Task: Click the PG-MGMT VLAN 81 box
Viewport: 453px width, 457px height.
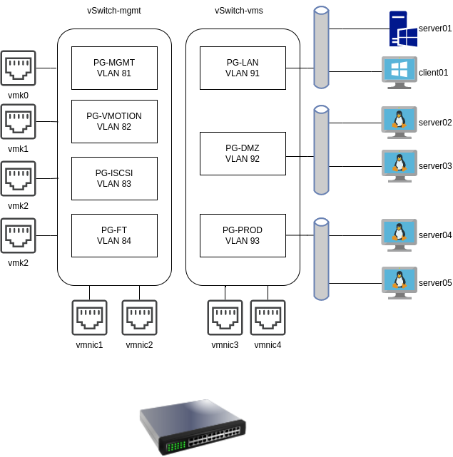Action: [114, 68]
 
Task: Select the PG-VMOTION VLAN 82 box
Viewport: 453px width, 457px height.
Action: [114, 121]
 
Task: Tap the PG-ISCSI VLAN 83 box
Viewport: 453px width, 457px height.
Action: [114, 178]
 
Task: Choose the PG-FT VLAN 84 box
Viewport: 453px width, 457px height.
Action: [114, 235]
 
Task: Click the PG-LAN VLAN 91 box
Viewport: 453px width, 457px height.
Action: [243, 68]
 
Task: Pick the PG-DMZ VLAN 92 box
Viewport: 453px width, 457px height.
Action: [243, 153]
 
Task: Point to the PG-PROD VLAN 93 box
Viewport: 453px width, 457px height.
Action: [243, 235]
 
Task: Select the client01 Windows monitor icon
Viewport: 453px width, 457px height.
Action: [399, 72]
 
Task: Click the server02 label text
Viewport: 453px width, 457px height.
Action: [435, 123]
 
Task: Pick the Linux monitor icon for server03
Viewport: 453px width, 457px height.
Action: [399, 165]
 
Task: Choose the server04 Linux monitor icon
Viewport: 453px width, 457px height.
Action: [399, 235]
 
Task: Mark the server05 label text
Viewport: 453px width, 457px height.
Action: [435, 283]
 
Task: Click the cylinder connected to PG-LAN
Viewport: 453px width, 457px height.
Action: [321, 47]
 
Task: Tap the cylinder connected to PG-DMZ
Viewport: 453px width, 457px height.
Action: [321, 150]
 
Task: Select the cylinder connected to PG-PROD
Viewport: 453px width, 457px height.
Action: [321, 259]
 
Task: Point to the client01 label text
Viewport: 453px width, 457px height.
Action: [434, 73]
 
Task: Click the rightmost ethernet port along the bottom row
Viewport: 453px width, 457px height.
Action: [268, 317]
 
